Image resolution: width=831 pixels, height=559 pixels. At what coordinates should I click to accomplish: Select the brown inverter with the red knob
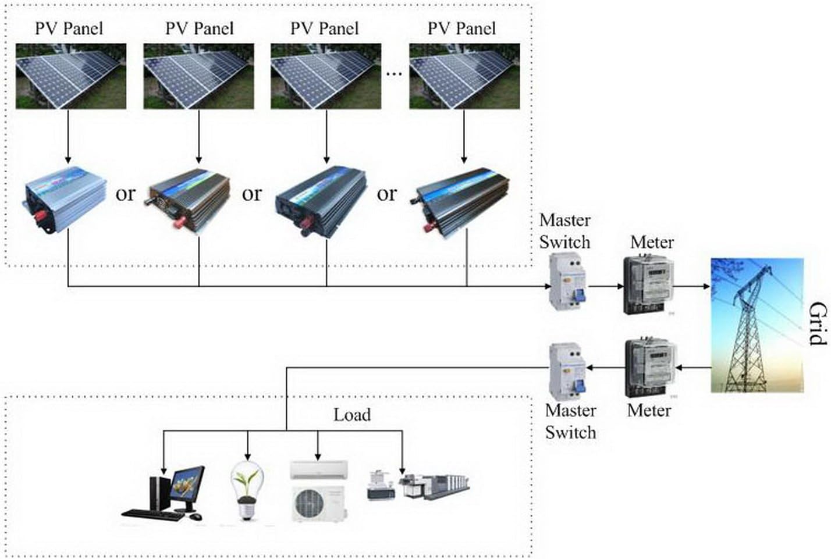tap(189, 201)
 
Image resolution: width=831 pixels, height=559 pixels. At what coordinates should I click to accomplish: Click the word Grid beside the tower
tap(817, 323)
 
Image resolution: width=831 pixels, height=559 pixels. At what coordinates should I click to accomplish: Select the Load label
tap(351, 415)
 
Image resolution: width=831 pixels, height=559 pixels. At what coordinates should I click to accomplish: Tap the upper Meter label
tap(651, 242)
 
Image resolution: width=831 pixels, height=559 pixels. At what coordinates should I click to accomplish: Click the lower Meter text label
tap(648, 410)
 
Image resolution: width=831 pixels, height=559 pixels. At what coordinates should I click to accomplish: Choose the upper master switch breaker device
tap(567, 283)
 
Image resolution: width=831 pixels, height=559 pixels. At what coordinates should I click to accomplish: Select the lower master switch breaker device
tap(567, 371)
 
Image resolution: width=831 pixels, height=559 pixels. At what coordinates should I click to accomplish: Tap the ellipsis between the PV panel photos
tap(394, 74)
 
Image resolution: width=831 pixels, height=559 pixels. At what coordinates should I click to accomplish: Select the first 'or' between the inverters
tap(125, 194)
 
